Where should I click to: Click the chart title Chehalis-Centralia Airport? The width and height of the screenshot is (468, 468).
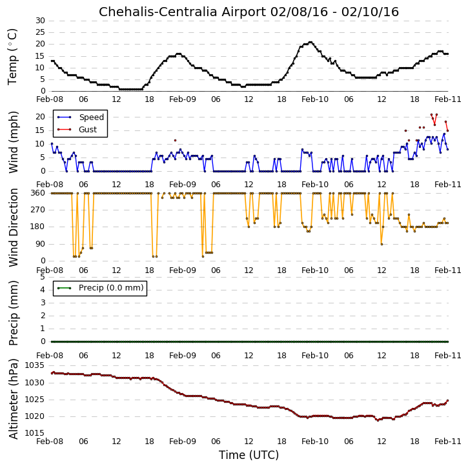click(183, 12)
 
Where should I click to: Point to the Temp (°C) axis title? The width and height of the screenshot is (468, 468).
click(12, 57)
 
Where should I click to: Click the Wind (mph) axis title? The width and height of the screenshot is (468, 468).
click(13, 142)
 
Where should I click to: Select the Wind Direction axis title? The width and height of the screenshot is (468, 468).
click(13, 227)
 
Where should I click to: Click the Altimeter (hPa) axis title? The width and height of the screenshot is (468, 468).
click(13, 399)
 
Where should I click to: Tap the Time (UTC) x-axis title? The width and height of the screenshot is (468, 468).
click(249, 455)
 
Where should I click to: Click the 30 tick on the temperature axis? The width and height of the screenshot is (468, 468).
click(40, 21)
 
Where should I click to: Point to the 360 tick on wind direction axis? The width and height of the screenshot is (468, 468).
click(38, 193)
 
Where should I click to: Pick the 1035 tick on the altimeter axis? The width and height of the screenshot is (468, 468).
click(34, 365)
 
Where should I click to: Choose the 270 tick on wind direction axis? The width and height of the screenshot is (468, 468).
click(38, 210)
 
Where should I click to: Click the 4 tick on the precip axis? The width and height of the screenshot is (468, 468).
click(43, 290)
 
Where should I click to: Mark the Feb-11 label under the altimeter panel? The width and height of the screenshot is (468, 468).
click(448, 441)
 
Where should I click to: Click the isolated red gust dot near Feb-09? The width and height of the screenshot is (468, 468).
click(175, 140)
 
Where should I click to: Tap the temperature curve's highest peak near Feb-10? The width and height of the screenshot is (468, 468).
click(310, 43)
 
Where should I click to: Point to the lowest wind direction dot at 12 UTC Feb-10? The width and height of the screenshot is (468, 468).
click(382, 244)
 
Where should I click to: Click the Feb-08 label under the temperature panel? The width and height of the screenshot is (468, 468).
click(50, 99)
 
